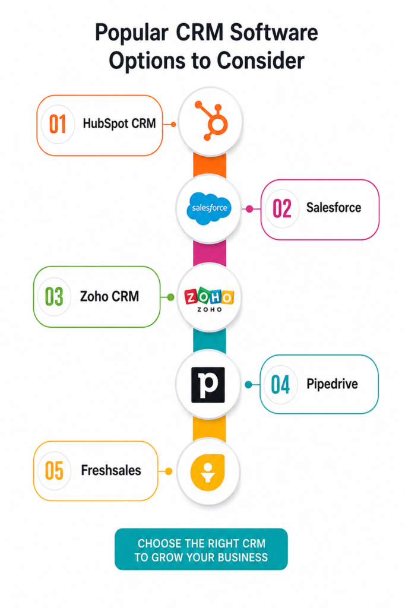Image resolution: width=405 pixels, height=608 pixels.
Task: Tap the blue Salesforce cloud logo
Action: (x=209, y=208)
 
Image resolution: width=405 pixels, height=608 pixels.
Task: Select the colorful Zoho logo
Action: (x=209, y=299)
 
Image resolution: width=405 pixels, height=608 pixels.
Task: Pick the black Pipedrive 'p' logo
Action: (x=208, y=385)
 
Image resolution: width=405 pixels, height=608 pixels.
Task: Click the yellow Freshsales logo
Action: (x=207, y=472)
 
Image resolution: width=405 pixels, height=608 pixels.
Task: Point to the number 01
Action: (x=58, y=125)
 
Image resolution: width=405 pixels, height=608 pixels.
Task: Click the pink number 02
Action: (x=282, y=208)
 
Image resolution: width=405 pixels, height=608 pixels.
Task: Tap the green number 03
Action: (x=54, y=297)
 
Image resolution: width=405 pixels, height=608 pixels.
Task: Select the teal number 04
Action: (x=280, y=385)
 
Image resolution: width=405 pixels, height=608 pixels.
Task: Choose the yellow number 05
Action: (x=54, y=471)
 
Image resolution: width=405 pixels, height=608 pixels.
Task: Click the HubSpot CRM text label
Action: (x=119, y=123)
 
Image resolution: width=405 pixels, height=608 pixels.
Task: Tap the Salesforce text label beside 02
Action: (x=334, y=207)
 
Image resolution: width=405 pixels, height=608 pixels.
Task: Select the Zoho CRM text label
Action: (x=109, y=296)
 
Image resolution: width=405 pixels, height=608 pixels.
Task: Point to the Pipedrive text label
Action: (x=332, y=384)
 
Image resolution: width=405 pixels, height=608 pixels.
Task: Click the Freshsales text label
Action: (x=111, y=470)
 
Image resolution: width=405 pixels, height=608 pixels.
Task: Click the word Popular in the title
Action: (x=132, y=33)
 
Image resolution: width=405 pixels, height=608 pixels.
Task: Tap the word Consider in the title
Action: (x=260, y=61)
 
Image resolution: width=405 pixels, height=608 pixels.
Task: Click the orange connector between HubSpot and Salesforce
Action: (x=210, y=166)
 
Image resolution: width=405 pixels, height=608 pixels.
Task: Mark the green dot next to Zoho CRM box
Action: (x=170, y=297)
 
